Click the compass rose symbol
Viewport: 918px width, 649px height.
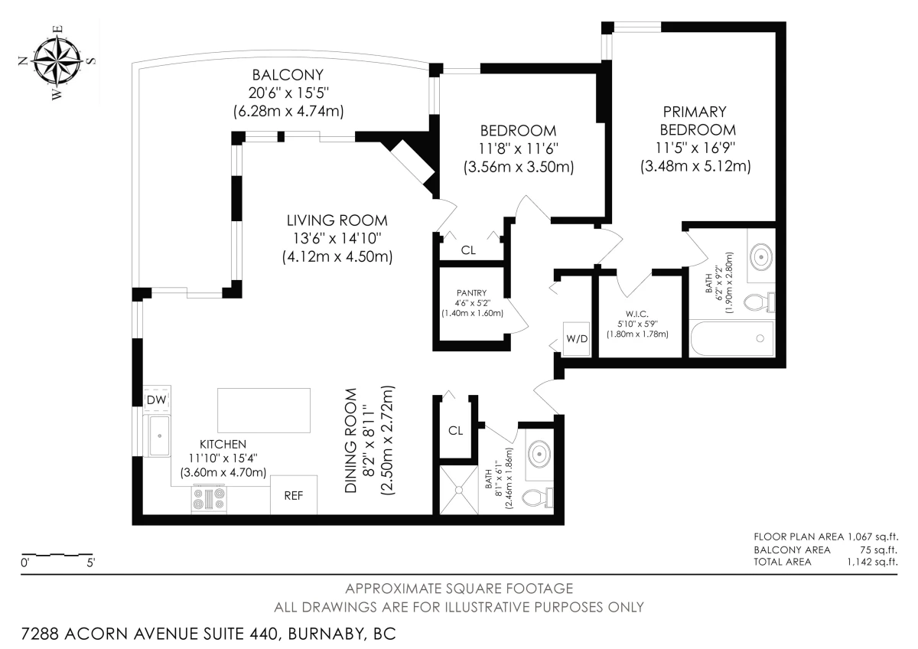58,62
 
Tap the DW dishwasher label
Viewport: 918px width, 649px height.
156,400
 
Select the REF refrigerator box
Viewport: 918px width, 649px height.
294,495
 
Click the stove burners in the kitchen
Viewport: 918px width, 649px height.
209,498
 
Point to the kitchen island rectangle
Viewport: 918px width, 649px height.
263,410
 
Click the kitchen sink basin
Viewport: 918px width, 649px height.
159,435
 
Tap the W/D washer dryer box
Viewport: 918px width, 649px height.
577,338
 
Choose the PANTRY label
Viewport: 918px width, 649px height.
472,292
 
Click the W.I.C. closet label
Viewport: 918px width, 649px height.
636,314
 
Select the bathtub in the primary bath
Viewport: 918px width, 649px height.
732,338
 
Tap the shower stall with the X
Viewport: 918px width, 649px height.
458,490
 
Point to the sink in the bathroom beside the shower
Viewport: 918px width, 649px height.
539,455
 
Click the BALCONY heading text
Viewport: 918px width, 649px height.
288,75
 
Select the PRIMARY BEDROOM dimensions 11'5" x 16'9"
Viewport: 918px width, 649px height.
695,148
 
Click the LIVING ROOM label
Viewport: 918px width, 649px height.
337,220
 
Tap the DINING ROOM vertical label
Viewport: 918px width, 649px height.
351,440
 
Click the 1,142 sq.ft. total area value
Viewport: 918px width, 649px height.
873,562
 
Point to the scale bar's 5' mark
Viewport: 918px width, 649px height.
91,563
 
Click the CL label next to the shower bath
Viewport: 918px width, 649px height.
455,430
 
